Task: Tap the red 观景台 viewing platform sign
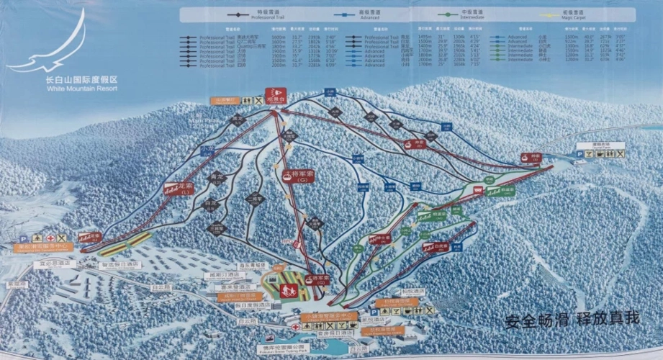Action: pyautogui.click(x=274, y=93)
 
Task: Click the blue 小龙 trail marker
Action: pyautogui.click(x=208, y=149)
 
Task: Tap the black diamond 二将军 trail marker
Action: pyautogui.click(x=255, y=199)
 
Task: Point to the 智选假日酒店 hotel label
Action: pyautogui.click(x=124, y=264)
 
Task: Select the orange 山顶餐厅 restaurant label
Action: pyautogui.click(x=224, y=102)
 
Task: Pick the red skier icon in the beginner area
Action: pyautogui.click(x=287, y=290)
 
